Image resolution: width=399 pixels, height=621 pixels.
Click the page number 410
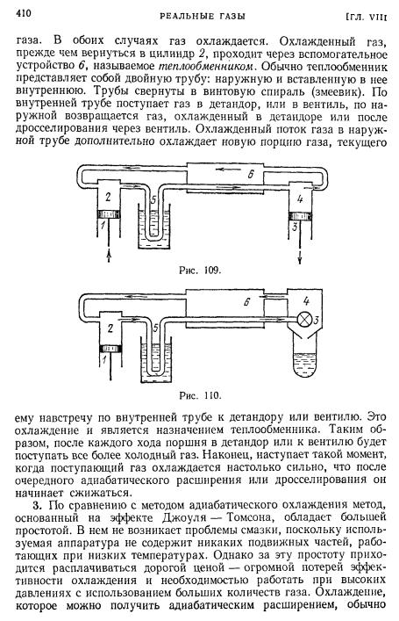pos(24,13)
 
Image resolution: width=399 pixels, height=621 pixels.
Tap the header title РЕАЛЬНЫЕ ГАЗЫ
pos(202,16)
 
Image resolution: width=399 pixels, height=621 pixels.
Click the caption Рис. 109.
pos(199,271)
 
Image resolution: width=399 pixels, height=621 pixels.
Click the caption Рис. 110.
pos(200,395)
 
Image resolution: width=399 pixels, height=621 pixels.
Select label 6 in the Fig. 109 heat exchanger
pos(250,173)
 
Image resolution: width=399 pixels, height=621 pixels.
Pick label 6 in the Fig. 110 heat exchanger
pos(246,302)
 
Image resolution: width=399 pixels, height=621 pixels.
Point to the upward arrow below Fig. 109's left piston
pos(109,256)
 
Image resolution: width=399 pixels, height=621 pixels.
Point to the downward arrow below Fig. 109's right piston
pos(300,256)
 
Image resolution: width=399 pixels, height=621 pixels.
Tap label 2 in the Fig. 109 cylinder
pos(108,196)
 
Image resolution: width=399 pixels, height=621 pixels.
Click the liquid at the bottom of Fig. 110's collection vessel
pos(306,367)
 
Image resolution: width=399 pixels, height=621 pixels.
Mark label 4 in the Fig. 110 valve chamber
pos(306,301)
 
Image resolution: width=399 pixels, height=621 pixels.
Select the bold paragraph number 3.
pos(38,506)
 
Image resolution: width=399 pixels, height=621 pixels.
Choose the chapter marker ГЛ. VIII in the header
pos(367,17)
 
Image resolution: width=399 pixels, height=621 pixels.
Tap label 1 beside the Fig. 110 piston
pos(104,359)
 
